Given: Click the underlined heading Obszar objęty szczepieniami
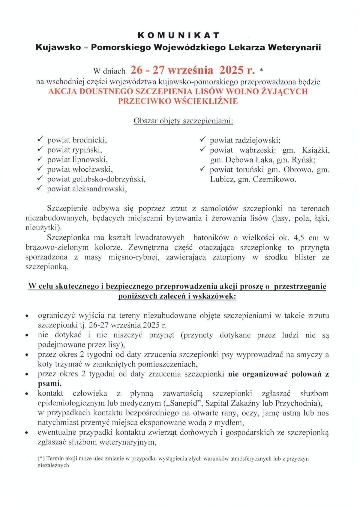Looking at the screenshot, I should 183,121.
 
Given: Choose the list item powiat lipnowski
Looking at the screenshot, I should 77,160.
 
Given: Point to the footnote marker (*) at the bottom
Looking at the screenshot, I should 41,459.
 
